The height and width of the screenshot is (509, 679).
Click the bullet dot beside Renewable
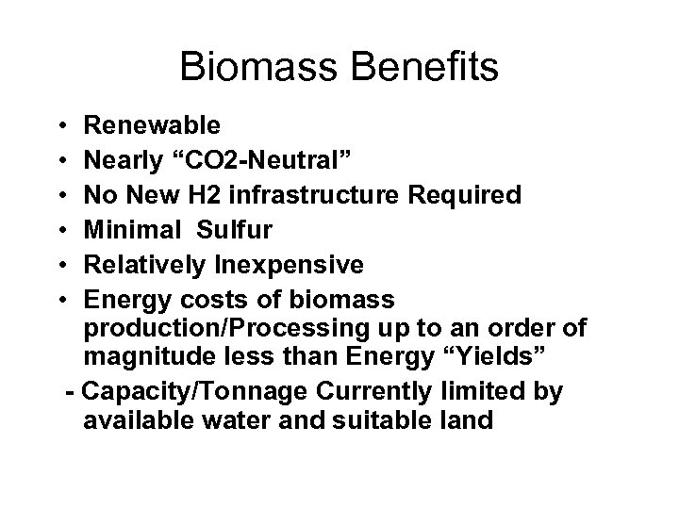(x=59, y=125)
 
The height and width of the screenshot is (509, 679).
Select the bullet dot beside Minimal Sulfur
(x=59, y=231)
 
